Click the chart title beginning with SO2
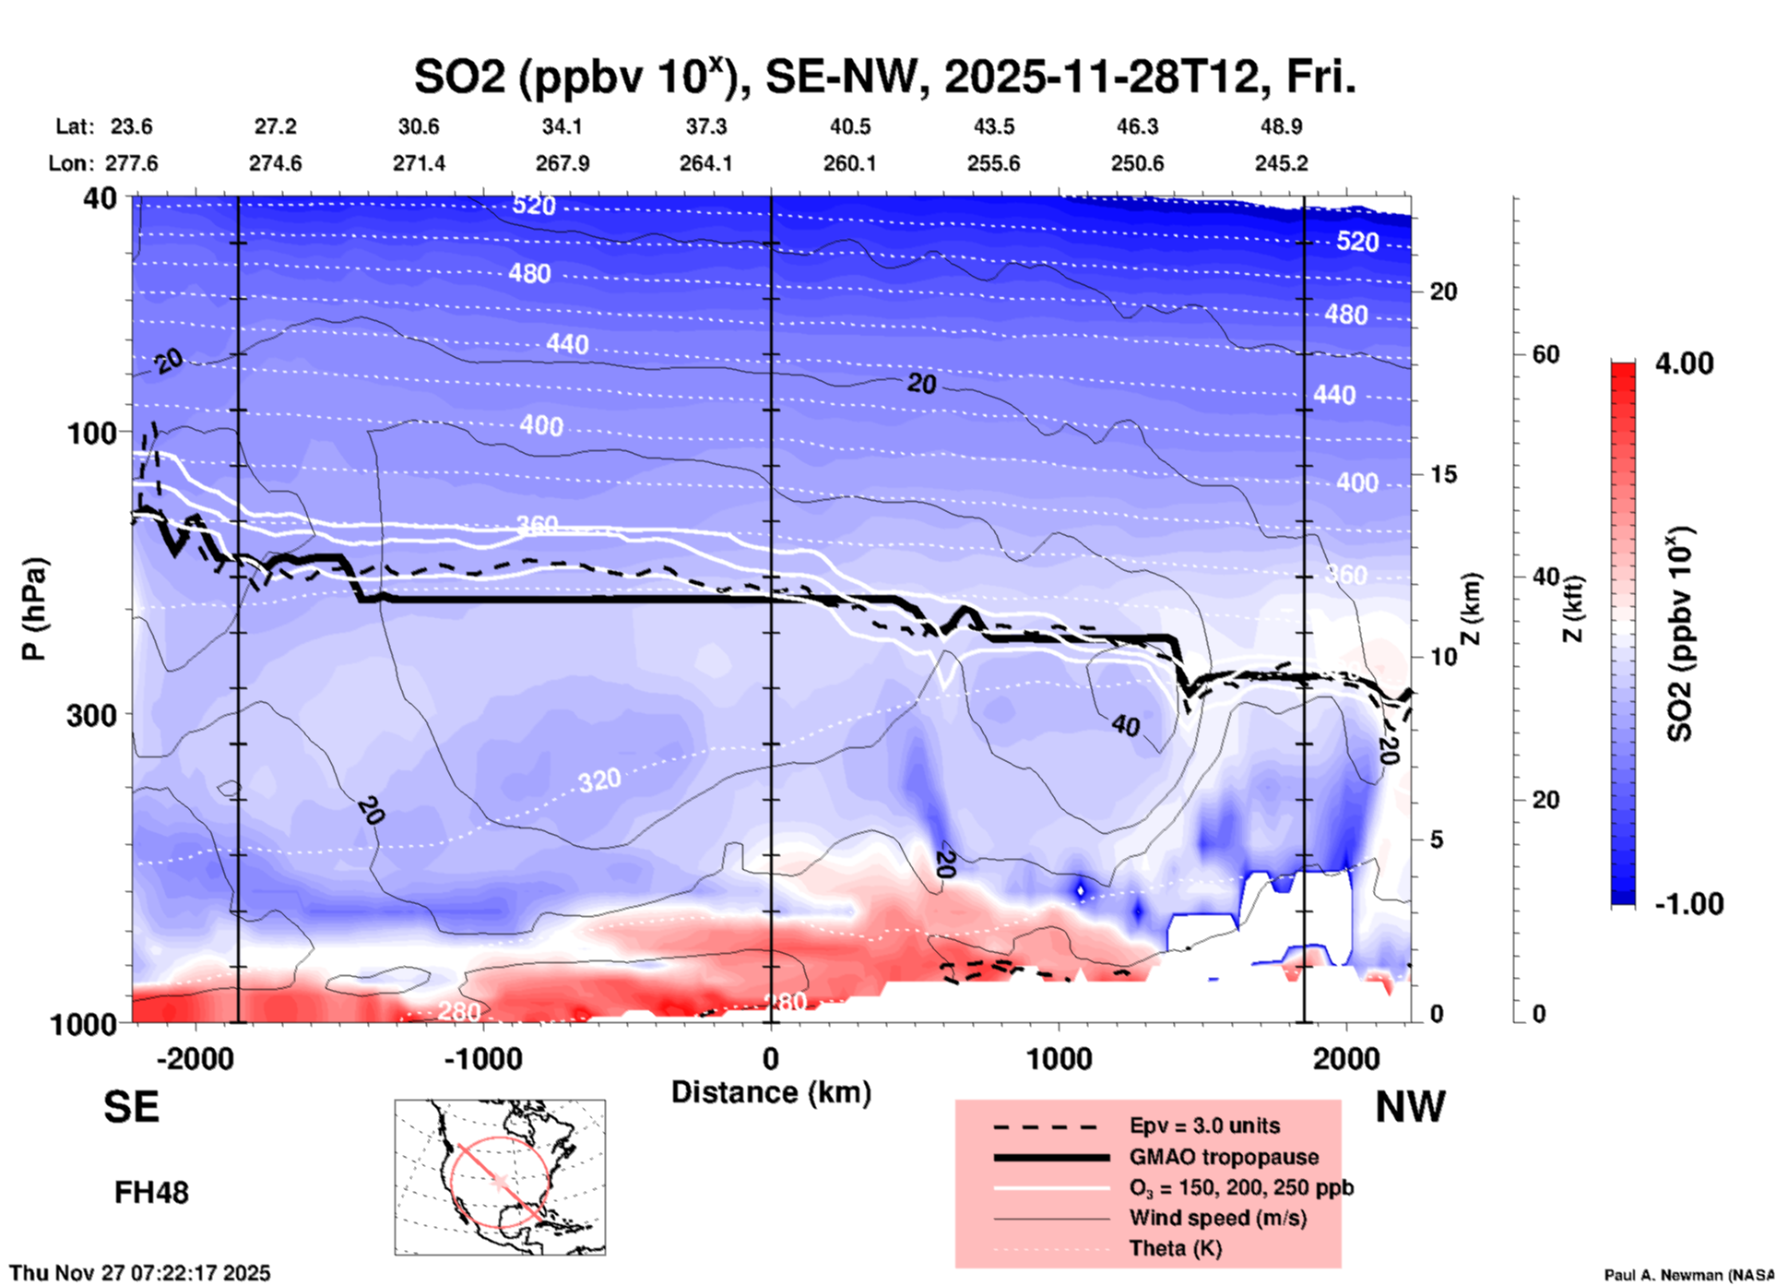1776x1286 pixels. pos(884,77)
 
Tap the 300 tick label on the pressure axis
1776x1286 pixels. pos(91,715)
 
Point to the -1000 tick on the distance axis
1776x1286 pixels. pos(483,1058)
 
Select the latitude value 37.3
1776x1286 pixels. pos(705,126)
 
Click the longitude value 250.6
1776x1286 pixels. pos(1137,163)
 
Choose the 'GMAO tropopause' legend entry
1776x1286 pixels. pos(1223,1157)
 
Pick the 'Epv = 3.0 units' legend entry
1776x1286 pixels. pos(1203,1125)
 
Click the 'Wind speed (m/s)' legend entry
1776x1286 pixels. pos(1217,1218)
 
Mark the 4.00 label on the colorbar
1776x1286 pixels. pos(1684,363)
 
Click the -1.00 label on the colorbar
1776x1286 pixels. pos(1687,904)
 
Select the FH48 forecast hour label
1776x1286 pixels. pos(151,1193)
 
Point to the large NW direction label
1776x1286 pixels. pos(1410,1107)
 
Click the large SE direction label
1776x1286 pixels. pos(131,1107)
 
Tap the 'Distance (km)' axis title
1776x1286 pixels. pos(771,1092)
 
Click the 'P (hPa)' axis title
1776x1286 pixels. pos(34,609)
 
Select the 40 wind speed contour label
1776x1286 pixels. pos(1125,726)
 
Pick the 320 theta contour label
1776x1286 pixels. pos(599,781)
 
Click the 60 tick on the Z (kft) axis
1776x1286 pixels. pos(1545,354)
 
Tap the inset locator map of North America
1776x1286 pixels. pos(500,1176)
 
